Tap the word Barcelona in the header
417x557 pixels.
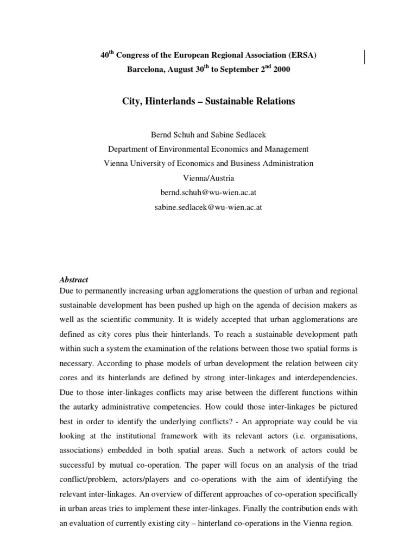pyautogui.click(x=146, y=70)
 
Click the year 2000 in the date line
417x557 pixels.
pyautogui.click(x=274, y=70)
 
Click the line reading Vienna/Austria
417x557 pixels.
pyautogui.click(x=208, y=178)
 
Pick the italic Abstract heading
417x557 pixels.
pyautogui.click(x=73, y=280)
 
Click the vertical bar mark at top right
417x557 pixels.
pyautogui.click(x=364, y=57)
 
